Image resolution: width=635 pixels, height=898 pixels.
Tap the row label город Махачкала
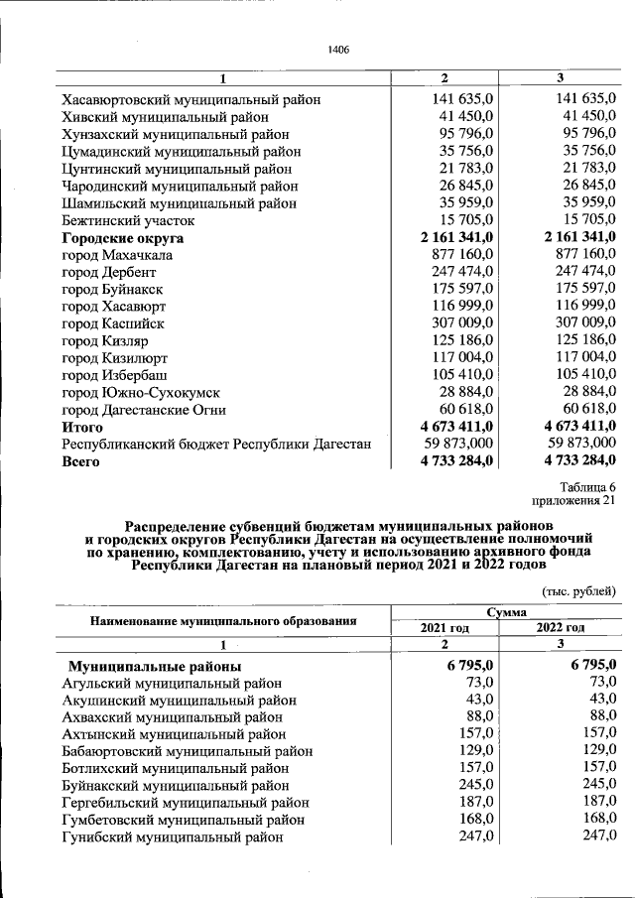click(117, 255)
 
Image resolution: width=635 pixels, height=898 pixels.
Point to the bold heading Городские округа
click(123, 238)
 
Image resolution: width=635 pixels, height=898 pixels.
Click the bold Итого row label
click(83, 427)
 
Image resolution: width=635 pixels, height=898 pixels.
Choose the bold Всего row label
click(81, 461)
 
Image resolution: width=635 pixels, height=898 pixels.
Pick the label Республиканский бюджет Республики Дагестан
click(216, 445)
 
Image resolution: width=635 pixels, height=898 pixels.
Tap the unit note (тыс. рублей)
click(578, 591)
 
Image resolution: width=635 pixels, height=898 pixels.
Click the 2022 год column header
click(561, 627)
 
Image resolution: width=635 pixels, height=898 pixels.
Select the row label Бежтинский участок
click(128, 220)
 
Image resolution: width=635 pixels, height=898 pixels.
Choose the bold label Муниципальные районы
click(155, 666)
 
